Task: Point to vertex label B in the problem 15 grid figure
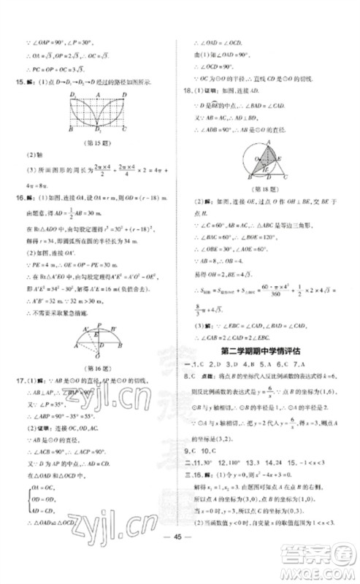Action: tap(70, 129)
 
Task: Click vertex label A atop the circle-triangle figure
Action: tap(267, 141)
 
